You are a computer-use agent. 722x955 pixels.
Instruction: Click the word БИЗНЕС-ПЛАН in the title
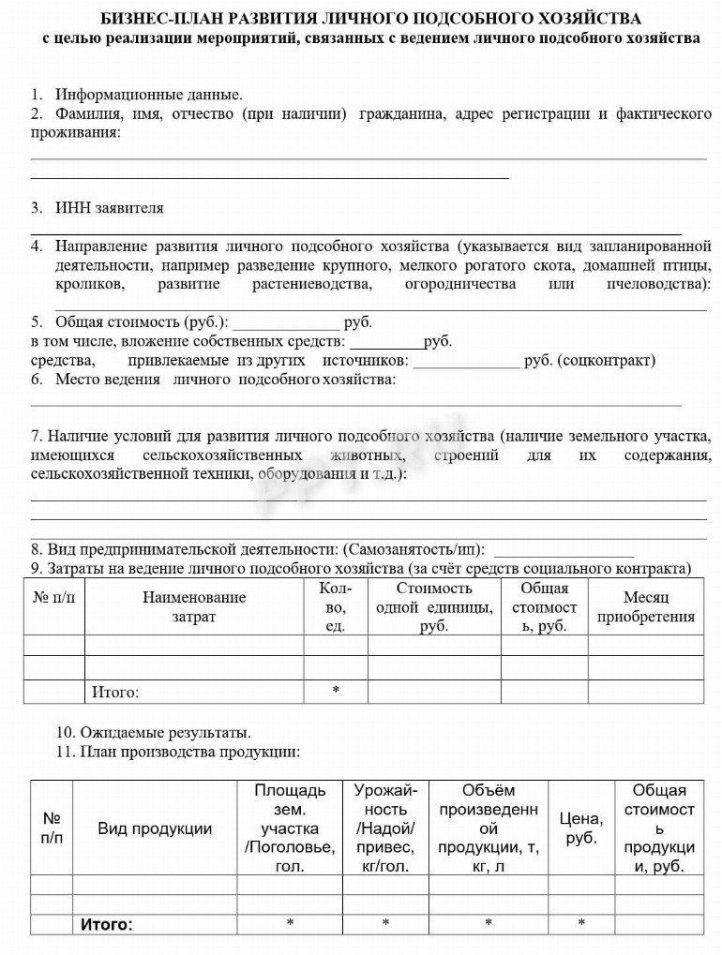pyautogui.click(x=147, y=19)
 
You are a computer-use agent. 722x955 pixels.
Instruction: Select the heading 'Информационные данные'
pyautogui.click(x=148, y=95)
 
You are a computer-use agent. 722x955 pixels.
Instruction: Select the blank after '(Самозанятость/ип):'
pyautogui.click(x=563, y=550)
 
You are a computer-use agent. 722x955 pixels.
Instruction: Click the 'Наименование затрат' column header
pyautogui.click(x=194, y=606)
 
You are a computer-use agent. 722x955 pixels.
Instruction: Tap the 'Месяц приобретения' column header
pyautogui.click(x=645, y=606)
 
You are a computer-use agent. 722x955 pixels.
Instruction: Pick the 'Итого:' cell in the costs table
pyautogui.click(x=115, y=693)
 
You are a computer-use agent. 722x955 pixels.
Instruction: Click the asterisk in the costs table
pyautogui.click(x=335, y=692)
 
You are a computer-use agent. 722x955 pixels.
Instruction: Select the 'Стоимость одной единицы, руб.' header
pyautogui.click(x=433, y=606)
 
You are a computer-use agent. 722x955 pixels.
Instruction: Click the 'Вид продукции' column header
pyautogui.click(x=155, y=828)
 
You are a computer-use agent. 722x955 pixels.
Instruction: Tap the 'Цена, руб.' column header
pyautogui.click(x=581, y=828)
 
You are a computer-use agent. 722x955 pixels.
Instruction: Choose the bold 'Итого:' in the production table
pyautogui.click(x=106, y=925)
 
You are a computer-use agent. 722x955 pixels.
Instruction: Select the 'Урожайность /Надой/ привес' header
pyautogui.click(x=385, y=828)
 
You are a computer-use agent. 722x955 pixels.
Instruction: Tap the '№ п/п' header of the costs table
pyautogui.click(x=53, y=597)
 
